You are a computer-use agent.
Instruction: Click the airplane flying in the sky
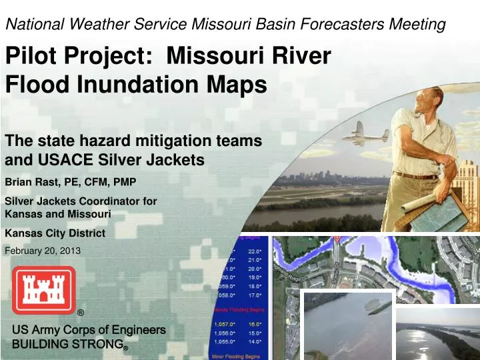[366, 133]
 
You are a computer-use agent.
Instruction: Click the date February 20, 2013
[43, 251]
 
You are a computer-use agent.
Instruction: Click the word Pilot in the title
[34, 56]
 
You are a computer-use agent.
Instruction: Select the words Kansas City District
[55, 233]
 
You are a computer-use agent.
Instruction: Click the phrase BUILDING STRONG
[67, 345]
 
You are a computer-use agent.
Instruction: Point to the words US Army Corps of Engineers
[89, 330]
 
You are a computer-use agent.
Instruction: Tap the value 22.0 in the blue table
[255, 251]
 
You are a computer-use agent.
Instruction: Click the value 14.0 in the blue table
[255, 341]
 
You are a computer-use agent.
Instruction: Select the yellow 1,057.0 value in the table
[225, 323]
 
